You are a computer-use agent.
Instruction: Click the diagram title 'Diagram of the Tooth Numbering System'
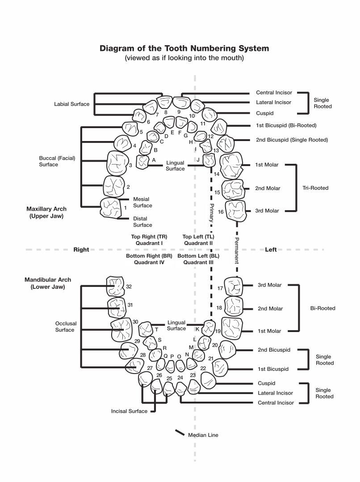coord(184,48)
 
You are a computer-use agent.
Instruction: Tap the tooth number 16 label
coord(221,212)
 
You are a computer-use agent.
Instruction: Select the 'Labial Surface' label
coord(71,104)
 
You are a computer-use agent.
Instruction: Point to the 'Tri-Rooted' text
coord(315,188)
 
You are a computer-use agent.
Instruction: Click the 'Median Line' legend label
coord(203,435)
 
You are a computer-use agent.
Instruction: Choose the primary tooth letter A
coord(154,159)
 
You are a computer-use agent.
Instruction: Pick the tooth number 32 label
coord(129,287)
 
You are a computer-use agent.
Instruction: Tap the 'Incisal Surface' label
coord(129,411)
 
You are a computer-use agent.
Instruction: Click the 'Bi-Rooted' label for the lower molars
coord(322,308)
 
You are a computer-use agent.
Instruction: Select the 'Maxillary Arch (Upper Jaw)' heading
coord(46,212)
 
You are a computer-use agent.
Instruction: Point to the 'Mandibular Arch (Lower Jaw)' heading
coord(48,283)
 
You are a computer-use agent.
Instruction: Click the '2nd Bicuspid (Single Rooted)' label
coord(292,140)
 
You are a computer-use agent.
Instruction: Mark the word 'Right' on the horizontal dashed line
coord(81,249)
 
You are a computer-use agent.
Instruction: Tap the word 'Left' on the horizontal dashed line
coord(271,249)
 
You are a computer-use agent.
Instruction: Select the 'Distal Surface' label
coord(142,222)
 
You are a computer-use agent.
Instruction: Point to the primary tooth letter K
coord(197,328)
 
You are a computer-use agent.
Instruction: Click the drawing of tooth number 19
coord(232,328)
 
